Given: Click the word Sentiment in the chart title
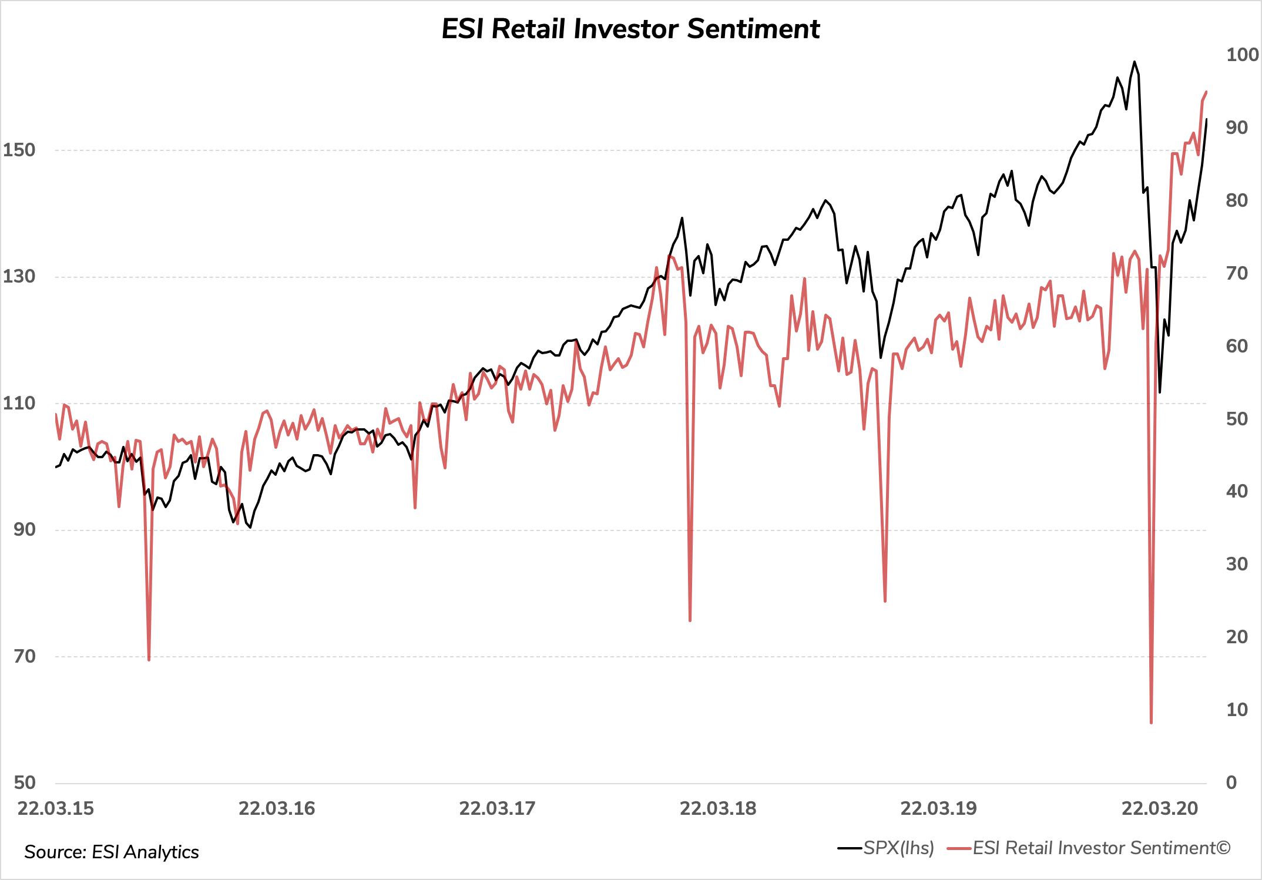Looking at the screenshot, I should coord(753,29).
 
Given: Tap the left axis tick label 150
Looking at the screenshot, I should coord(19,150).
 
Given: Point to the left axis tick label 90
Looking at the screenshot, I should coord(25,529).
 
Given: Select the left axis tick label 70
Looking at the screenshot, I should coord(25,656).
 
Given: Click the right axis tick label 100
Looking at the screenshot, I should coord(1241,55).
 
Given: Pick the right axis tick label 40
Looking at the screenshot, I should coord(1237,491).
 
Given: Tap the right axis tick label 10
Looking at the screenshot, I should coord(1237,710).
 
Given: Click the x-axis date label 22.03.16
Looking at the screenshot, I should coord(277,808).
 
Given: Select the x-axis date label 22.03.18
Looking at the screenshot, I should coord(718,808).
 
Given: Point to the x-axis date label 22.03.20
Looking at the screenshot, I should coord(1159,808).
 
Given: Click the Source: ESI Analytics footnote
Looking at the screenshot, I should coord(112,852).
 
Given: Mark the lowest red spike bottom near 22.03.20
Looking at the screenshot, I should coord(1151,723).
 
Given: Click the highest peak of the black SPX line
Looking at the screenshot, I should coord(1134,62).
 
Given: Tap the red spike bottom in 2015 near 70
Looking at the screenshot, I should coord(149,660).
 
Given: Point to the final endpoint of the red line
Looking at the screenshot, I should coord(1206,92).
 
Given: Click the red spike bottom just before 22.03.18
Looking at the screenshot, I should coord(690,620).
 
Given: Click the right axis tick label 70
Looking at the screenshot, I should coord(1237,273).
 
